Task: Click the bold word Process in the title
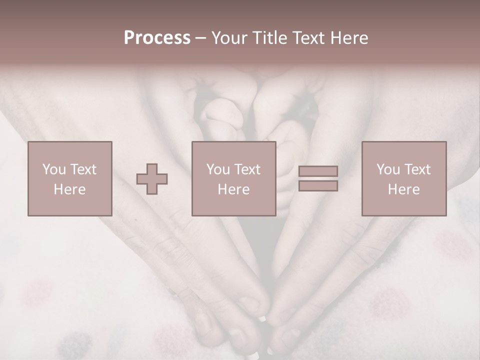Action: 157,37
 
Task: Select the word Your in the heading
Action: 229,37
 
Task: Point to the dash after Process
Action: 200,38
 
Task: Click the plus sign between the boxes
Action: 152,179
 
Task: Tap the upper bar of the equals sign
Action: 318,171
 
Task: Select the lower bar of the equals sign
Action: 318,185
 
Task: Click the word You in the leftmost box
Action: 54,169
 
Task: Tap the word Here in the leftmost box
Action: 69,189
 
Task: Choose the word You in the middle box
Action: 218,169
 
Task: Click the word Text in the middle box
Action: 247,169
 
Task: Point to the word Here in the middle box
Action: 233,189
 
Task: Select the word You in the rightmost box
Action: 388,169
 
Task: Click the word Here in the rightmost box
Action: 403,189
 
